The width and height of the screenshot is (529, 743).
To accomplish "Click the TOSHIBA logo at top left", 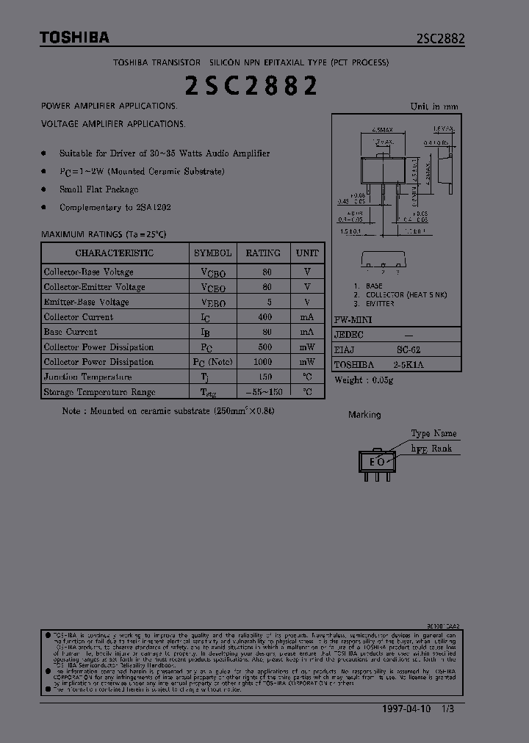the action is pos(74,37).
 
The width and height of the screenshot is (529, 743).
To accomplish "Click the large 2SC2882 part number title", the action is pos(251,86).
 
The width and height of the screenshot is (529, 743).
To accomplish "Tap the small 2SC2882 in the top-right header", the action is pos(440,39).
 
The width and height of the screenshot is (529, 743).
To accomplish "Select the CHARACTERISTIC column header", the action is pos(115,253).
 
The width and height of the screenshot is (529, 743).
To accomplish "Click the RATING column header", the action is pos(263,253).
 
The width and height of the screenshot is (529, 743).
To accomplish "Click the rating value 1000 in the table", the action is pos(263,362).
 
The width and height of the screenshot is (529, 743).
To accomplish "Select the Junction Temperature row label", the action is pos(87,377).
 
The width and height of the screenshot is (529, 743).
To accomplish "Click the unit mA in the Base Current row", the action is pos(307,332).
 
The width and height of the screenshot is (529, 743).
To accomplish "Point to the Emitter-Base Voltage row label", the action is pos(86,302).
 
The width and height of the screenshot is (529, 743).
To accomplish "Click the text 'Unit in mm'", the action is pos(433,106).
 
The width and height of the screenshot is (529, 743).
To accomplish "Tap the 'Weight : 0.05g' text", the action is pos(364,380).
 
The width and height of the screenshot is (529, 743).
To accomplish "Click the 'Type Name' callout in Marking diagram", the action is pos(433,433).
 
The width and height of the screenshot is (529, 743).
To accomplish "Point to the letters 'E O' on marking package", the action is pos(376,462).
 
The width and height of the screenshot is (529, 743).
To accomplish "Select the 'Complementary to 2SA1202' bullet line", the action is pos(115,207).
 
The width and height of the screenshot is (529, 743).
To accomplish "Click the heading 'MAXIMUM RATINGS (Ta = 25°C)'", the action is pos(104,234).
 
